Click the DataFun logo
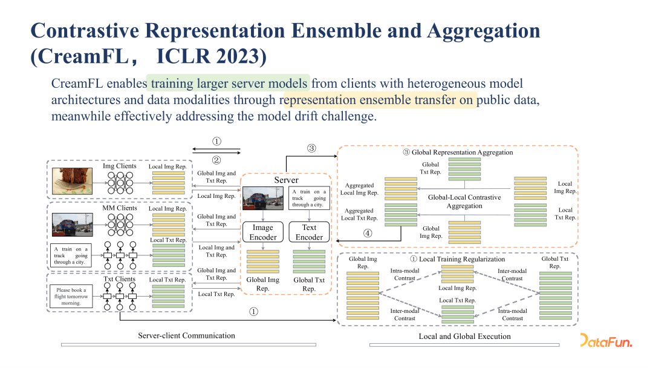[x=606, y=341]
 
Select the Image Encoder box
[x=263, y=232]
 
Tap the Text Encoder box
[x=309, y=232]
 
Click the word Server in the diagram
[x=286, y=180]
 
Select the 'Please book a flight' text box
[x=71, y=297]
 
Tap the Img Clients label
[x=120, y=166]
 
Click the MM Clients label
[x=119, y=208]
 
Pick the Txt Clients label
[x=119, y=279]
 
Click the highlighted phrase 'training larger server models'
[x=230, y=84]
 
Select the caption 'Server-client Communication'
[x=186, y=335]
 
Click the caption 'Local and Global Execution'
[x=464, y=336]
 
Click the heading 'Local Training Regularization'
[x=461, y=259]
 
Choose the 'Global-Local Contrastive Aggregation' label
[x=464, y=202]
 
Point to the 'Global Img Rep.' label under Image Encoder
[x=263, y=284]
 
